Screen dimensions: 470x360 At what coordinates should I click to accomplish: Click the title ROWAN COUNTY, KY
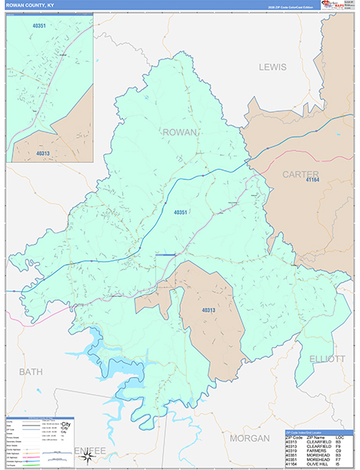[x=30, y=5]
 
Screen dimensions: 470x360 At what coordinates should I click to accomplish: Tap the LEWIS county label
[x=274, y=67]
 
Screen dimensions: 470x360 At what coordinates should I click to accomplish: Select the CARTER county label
[x=301, y=173]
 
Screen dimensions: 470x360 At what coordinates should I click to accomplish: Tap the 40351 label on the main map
[x=181, y=212]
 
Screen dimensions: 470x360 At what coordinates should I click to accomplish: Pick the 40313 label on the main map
[x=207, y=310]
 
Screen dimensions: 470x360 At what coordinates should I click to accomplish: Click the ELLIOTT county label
[x=326, y=359]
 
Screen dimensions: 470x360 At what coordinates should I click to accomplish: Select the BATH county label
[x=31, y=371]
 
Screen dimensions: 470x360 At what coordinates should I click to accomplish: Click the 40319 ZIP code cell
[x=291, y=450]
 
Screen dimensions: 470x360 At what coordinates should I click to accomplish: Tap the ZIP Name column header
[x=316, y=437]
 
